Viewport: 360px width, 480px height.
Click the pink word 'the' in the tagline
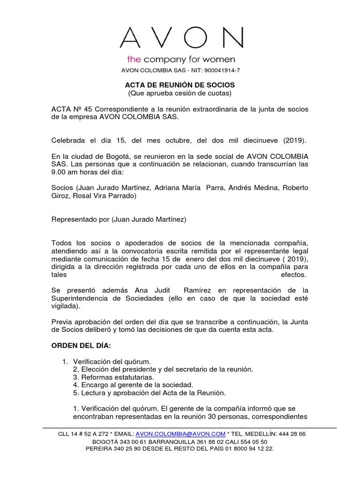click(x=135, y=60)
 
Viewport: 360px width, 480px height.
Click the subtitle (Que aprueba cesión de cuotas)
click(x=180, y=93)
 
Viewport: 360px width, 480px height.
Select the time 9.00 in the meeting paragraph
click(x=59, y=172)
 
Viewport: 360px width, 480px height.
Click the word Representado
click(x=74, y=219)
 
